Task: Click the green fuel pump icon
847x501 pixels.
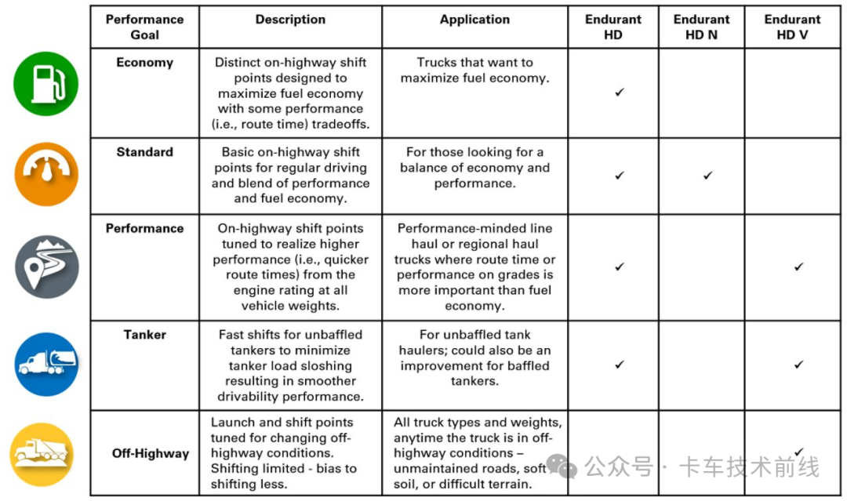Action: pos(46,84)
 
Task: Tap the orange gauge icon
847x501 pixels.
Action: pos(46,174)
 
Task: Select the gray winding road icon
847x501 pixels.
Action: pos(46,266)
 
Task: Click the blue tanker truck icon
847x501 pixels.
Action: pos(46,364)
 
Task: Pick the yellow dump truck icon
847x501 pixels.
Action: pos(42,454)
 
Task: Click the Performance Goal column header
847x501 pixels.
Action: pos(144,27)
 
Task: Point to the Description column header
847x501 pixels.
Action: pos(290,20)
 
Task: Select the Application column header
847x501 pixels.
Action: pos(474,20)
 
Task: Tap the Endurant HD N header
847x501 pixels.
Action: pos(701,27)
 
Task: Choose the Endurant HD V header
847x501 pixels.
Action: pos(792,27)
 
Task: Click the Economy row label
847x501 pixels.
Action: pos(144,63)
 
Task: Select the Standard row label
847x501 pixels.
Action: pos(144,152)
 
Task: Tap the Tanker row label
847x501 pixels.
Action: pos(144,335)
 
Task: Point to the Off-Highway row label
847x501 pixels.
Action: pos(150,453)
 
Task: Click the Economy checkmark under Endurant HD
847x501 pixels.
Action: pos(620,92)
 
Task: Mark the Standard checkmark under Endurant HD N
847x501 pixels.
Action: pos(707,176)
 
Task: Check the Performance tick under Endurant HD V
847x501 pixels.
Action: pos(798,267)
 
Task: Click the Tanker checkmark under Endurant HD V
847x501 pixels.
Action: pos(798,364)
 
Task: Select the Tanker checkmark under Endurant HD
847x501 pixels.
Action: pos(620,364)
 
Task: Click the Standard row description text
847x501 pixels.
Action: pos(290,175)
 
